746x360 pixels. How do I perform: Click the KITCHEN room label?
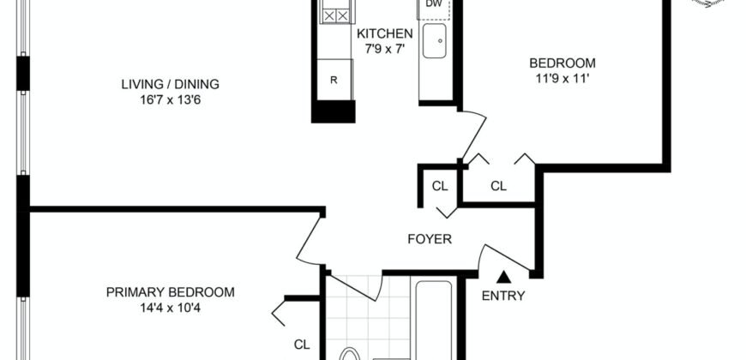[x=385, y=33]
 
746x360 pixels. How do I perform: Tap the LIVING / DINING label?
[x=170, y=84]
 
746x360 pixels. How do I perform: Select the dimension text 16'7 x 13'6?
[x=170, y=99]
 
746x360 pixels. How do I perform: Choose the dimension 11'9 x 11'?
[x=562, y=78]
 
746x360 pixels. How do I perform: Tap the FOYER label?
[x=429, y=240]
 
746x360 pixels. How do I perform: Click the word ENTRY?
[x=504, y=297]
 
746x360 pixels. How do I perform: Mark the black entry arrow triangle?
[x=504, y=276]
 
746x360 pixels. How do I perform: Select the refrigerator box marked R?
[x=334, y=81]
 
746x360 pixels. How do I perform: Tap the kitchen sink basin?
[x=434, y=40]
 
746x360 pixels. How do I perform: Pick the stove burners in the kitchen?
[x=334, y=15]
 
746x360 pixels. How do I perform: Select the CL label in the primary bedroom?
[x=302, y=345]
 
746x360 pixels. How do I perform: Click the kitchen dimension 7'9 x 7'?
[x=385, y=48]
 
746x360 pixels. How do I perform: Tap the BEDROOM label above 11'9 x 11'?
[x=562, y=63]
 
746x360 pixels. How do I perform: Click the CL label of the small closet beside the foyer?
[x=440, y=185]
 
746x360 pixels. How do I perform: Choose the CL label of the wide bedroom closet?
[x=499, y=185]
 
